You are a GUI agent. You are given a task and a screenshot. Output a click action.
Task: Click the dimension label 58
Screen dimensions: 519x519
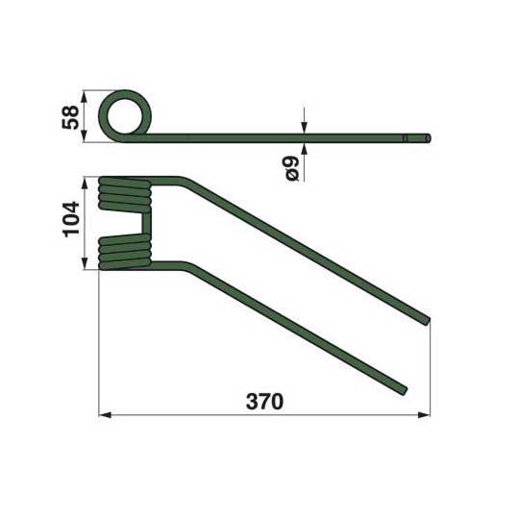70,117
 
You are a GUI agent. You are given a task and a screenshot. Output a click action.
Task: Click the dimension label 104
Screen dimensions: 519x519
71,219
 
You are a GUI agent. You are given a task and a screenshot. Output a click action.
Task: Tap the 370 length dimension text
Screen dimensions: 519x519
264,402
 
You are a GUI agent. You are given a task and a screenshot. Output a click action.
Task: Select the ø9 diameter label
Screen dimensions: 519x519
292,169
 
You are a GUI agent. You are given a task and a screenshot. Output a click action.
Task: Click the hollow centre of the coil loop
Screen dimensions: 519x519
127,116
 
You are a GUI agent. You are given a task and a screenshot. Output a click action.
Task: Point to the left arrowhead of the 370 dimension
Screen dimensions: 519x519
105,415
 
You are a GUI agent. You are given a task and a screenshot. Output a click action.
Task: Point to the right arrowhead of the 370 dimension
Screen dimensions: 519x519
424,415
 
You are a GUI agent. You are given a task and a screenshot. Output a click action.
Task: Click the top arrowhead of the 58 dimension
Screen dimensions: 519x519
84,96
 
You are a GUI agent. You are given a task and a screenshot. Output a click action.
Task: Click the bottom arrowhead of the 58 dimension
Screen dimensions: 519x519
84,136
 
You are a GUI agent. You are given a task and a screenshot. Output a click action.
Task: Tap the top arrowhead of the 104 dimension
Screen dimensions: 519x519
86,184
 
